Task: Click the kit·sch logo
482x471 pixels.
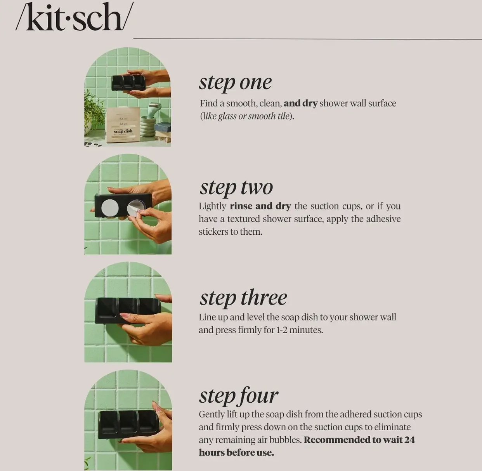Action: [x=74, y=17]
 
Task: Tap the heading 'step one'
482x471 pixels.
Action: [x=235, y=83]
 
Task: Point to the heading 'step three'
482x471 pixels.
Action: [x=243, y=298]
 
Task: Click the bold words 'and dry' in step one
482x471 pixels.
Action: [x=300, y=104]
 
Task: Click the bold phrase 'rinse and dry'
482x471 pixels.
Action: [x=260, y=206]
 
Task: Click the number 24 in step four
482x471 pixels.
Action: [x=410, y=440]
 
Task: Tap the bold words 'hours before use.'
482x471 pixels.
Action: [x=236, y=453]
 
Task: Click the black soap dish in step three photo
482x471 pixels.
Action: [x=128, y=310]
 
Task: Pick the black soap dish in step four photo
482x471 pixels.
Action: [x=129, y=424]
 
